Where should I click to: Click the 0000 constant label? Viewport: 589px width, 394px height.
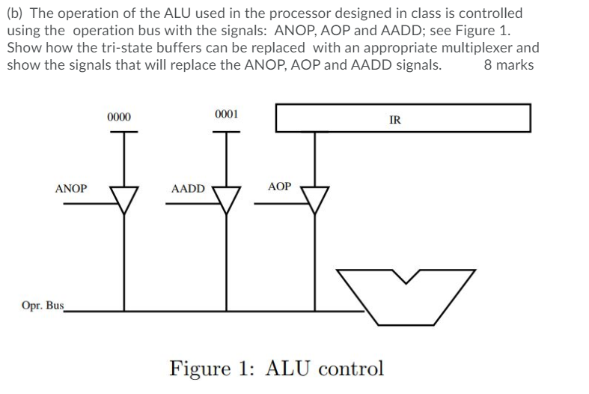point(118,117)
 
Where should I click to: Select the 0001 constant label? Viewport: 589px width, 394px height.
point(226,114)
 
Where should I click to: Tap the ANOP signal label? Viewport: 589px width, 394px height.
point(71,189)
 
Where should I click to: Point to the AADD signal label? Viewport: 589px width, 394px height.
point(187,189)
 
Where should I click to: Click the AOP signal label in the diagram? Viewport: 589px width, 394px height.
point(279,186)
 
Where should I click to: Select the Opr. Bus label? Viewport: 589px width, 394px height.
point(43,306)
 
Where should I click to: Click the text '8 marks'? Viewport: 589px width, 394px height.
point(509,64)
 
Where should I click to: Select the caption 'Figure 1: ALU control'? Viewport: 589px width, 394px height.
point(276,368)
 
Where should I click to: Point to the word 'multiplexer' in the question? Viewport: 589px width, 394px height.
point(485,48)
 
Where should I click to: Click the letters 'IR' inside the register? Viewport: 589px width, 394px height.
point(395,119)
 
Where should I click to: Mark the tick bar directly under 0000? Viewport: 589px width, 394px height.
point(124,132)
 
